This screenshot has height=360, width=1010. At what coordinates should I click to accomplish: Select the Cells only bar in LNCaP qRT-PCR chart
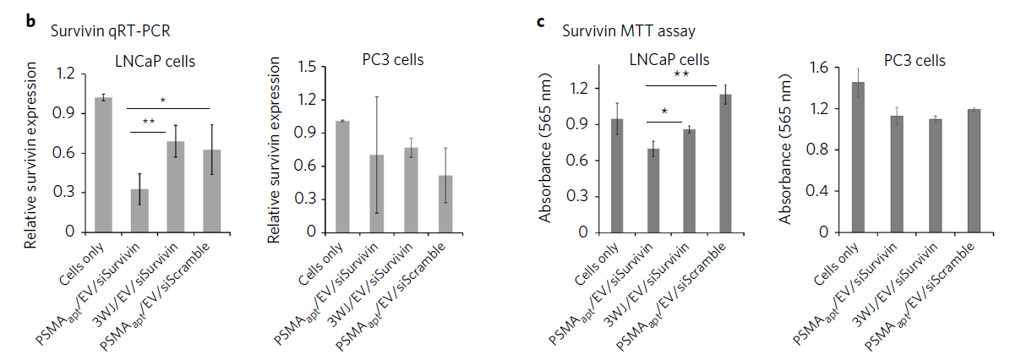(x=103, y=165)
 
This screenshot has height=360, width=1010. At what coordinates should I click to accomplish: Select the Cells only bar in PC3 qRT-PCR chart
(x=341, y=177)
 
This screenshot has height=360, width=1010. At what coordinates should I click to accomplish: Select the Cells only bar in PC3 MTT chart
(x=859, y=156)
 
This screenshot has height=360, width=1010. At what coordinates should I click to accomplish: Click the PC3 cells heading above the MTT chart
(x=915, y=61)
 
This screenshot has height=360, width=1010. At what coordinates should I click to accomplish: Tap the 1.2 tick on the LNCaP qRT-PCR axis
(x=64, y=74)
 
